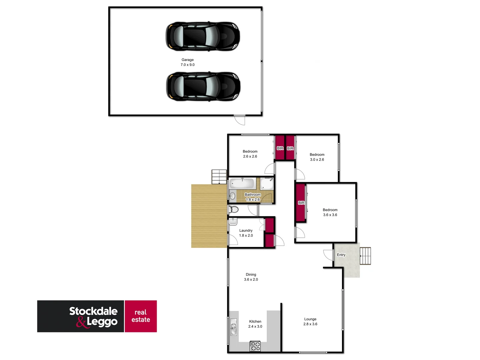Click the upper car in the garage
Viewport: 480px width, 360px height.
[203, 36]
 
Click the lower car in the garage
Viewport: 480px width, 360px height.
[203, 86]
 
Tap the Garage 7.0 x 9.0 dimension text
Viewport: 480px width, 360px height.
[188, 65]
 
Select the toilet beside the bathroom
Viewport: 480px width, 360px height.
[234, 209]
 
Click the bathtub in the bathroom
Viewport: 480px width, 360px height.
[242, 183]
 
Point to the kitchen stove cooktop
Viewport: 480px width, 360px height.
[255, 346]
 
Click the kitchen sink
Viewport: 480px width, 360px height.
[234, 327]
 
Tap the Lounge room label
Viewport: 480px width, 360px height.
[310, 319]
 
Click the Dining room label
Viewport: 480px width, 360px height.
[251, 275]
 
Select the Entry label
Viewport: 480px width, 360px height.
[341, 255]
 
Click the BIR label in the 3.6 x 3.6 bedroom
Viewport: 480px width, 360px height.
[301, 203]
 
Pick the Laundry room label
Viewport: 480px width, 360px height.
[246, 230]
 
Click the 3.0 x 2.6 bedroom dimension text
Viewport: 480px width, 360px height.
[317, 160]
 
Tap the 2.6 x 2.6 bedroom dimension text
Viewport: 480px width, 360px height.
[250, 156]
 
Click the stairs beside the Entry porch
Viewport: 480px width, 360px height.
[365, 256]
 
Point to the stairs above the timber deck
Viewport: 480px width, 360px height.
[219, 176]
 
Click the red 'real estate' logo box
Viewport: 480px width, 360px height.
[141, 316]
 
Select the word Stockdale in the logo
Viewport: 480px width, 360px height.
[93, 311]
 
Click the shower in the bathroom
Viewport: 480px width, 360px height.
[267, 184]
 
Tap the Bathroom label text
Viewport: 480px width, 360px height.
[253, 195]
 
